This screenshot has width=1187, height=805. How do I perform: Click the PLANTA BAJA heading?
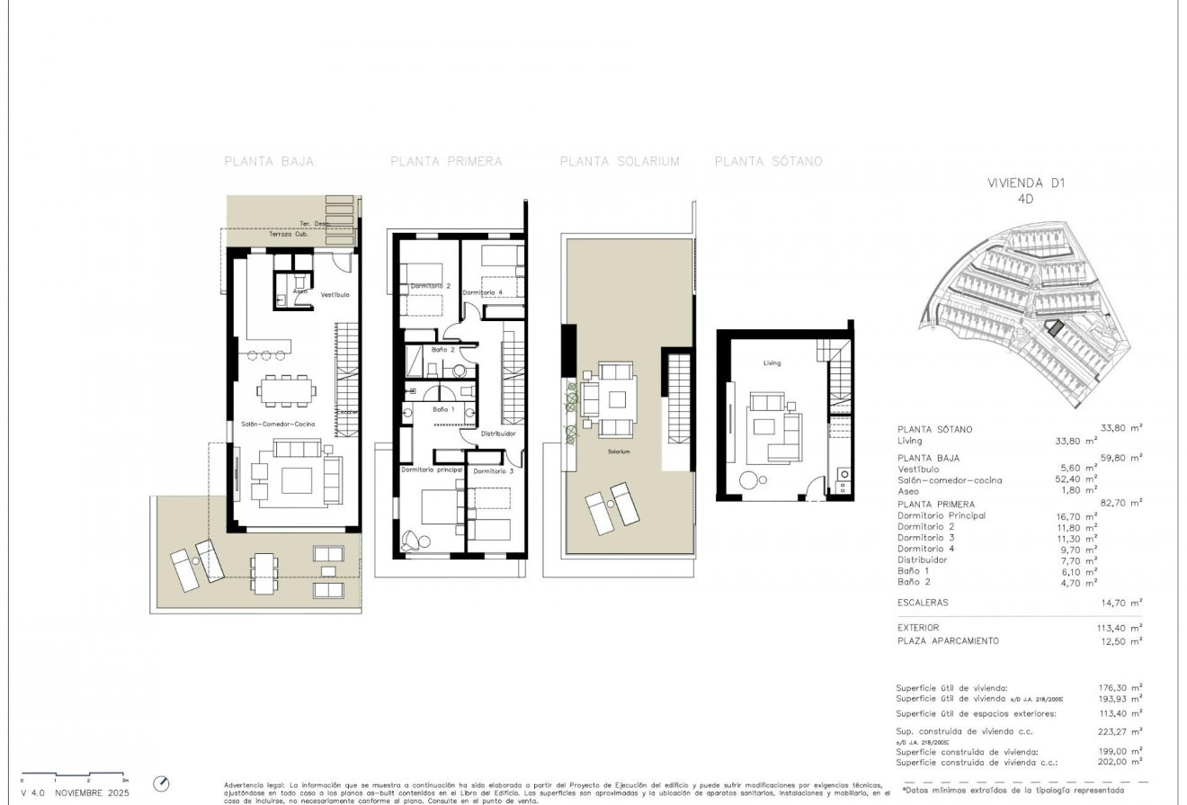[x=268, y=162]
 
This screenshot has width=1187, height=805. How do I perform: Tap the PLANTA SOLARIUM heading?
[x=619, y=162]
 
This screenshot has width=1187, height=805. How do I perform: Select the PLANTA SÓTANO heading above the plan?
[x=768, y=162]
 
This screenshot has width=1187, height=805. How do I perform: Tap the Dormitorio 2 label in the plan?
[x=430, y=286]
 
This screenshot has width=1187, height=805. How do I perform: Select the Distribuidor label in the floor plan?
[x=497, y=434]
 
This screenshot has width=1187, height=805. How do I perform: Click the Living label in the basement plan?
[x=772, y=363]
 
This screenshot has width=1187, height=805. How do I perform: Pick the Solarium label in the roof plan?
[x=619, y=451]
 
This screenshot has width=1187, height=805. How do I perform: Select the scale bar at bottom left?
[x=72, y=774]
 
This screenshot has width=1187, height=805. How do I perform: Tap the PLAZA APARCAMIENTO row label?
[x=948, y=641]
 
